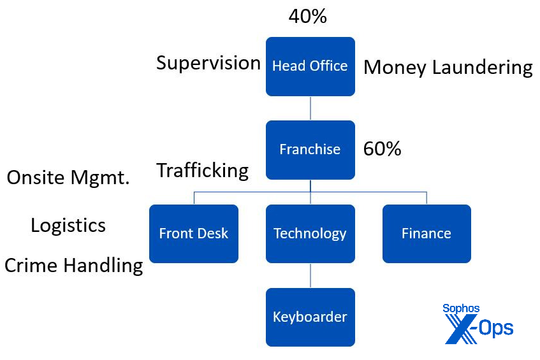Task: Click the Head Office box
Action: (x=310, y=66)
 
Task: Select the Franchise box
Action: (x=310, y=150)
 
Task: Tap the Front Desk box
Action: (x=193, y=233)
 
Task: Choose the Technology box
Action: (x=310, y=233)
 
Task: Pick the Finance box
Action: (x=427, y=233)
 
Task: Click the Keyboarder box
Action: (x=310, y=317)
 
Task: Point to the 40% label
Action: (x=307, y=17)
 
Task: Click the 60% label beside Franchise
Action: (x=382, y=149)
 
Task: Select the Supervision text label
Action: (x=208, y=63)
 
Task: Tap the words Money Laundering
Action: (x=448, y=68)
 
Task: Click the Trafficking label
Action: (x=203, y=170)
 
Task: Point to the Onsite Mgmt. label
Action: (x=68, y=178)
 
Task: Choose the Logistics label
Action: (x=68, y=225)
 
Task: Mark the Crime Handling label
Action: (x=73, y=265)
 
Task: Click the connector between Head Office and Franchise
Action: (x=310, y=108)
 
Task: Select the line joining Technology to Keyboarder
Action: (x=310, y=275)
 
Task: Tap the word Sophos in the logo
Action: (x=461, y=309)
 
